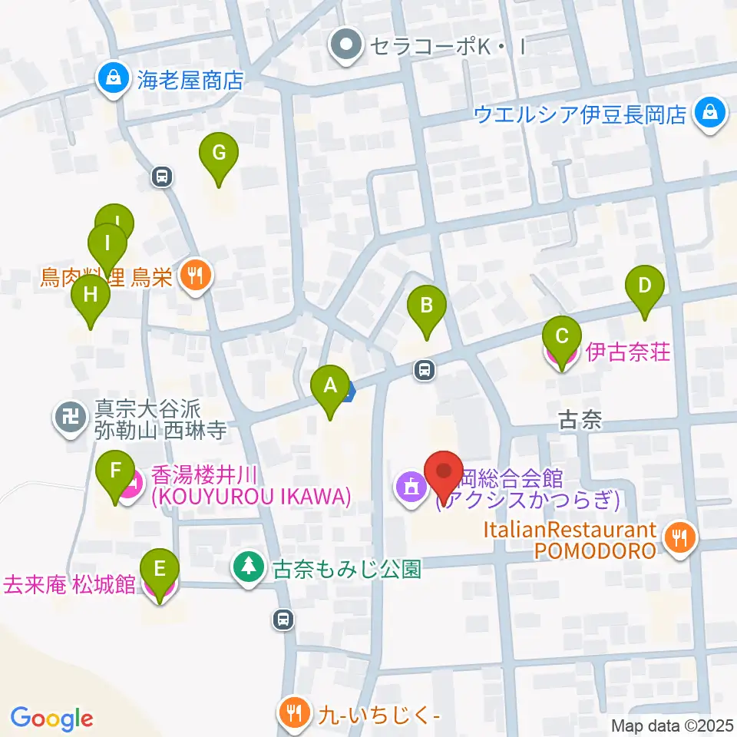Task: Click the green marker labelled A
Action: coord(331,388)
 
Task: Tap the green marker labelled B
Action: coord(427,309)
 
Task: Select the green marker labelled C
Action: coord(561,339)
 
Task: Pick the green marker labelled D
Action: coord(645,289)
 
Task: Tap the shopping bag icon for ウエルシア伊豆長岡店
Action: coord(710,113)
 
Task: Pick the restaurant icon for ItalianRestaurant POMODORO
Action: coord(679,537)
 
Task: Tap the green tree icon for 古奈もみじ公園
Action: coord(248,568)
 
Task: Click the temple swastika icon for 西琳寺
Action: coord(71,418)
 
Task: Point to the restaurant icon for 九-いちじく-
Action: coord(292,712)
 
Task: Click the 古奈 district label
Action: coord(580,419)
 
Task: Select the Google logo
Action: coord(51,718)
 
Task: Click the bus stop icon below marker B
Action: coord(424,371)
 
